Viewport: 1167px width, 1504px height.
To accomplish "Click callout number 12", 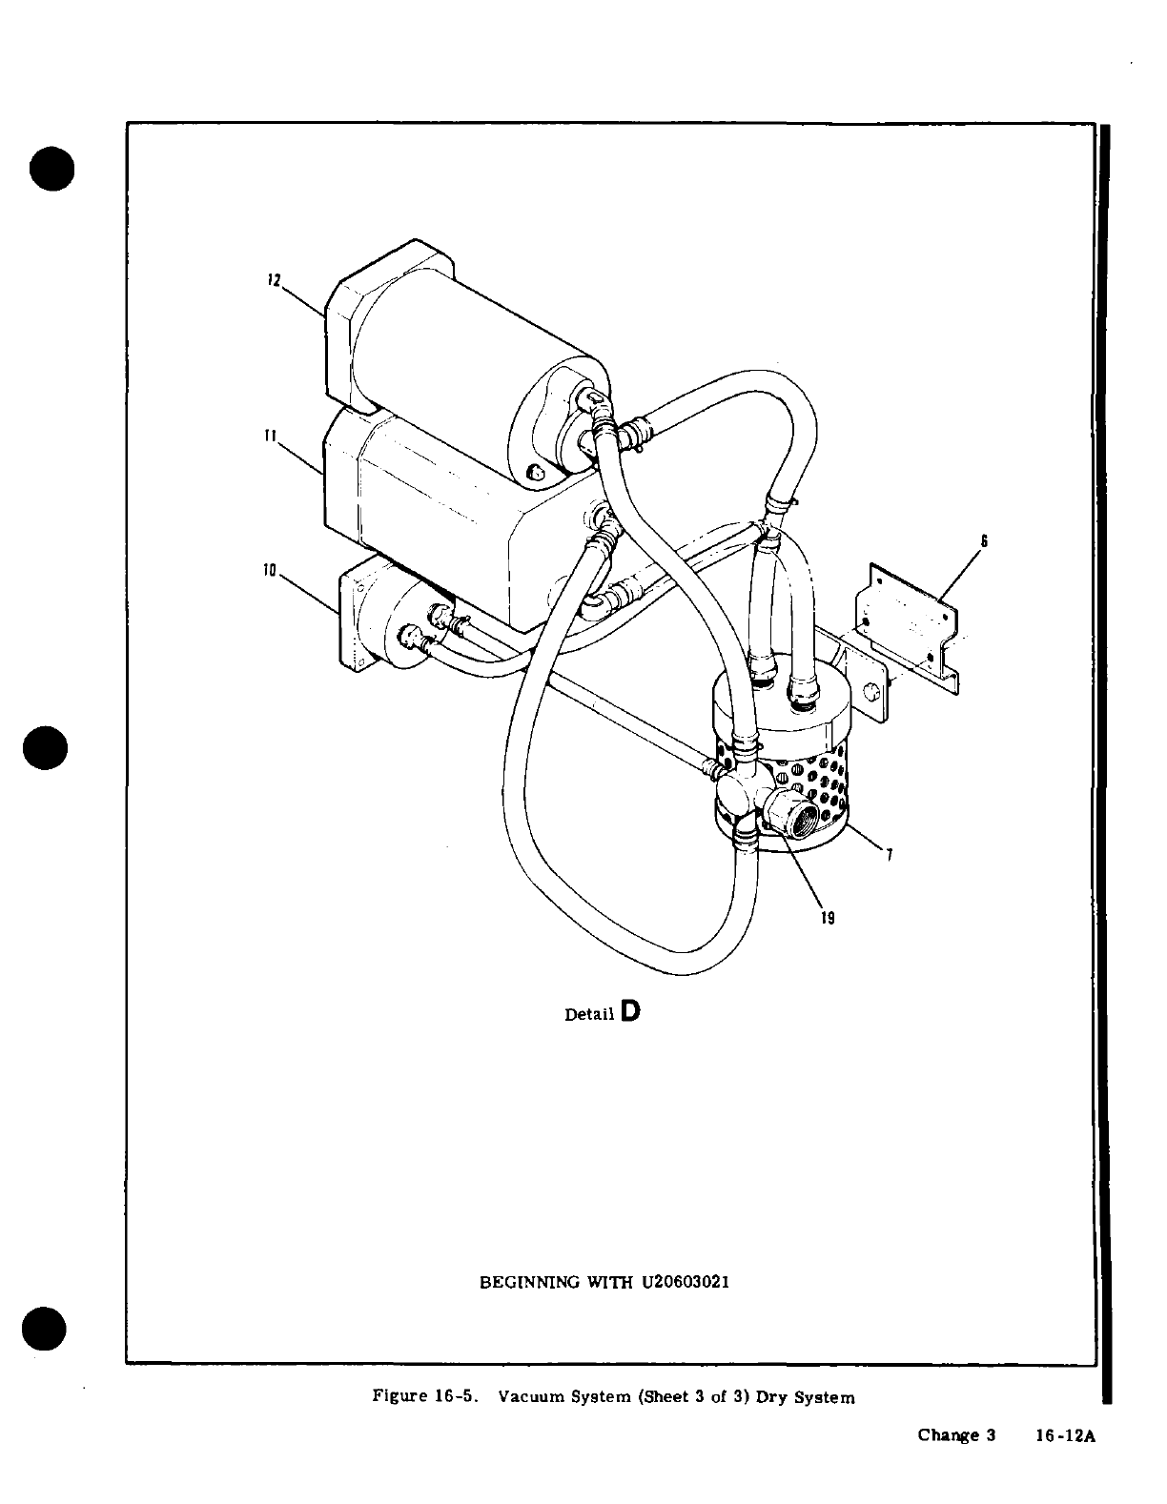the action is [x=273, y=281].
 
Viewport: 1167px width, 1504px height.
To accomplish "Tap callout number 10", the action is [x=270, y=571].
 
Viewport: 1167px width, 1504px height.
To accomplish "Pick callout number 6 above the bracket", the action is [x=983, y=540].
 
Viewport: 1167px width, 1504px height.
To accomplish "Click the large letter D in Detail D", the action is [x=629, y=1010].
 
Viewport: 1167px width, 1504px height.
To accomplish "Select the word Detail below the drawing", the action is [x=589, y=1014].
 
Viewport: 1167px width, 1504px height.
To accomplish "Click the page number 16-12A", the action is [x=1066, y=1435].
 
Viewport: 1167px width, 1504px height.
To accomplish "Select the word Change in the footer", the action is [x=948, y=1435].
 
